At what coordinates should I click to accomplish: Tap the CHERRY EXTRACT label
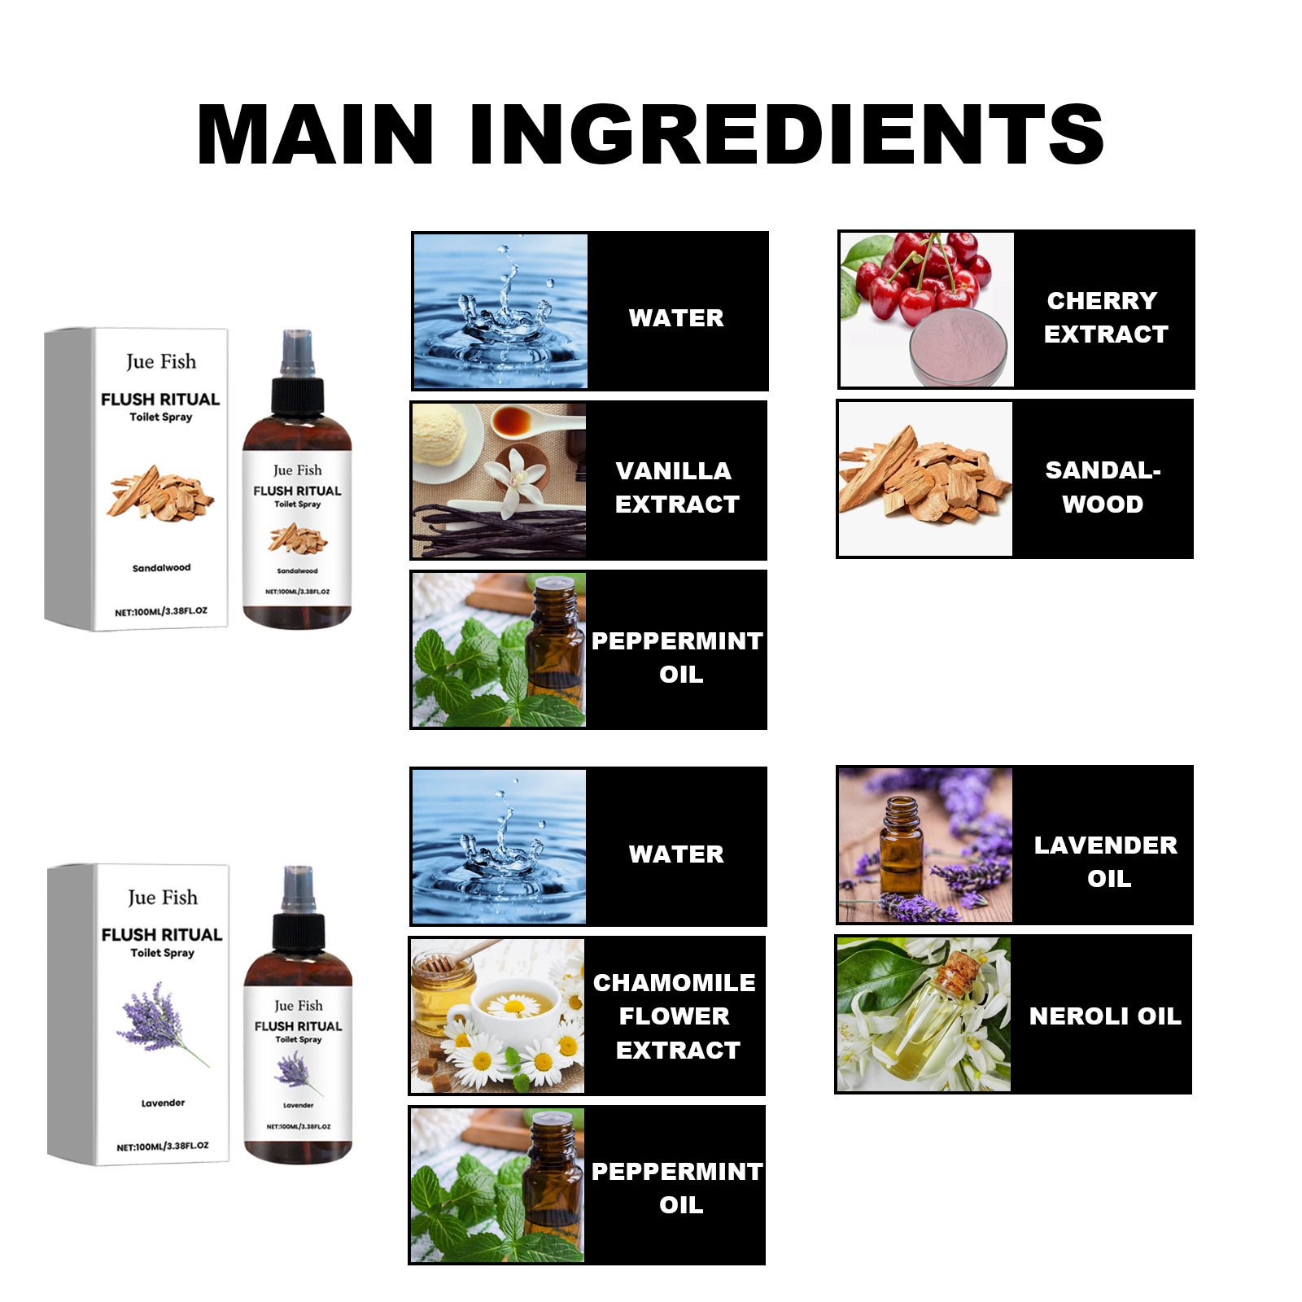tap(1105, 317)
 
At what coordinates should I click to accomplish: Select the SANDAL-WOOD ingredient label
tap(1103, 487)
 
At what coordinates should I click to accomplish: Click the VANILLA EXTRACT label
tap(677, 487)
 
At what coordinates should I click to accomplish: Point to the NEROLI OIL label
tap(1105, 1016)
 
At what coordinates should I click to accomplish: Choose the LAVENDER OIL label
tap(1106, 862)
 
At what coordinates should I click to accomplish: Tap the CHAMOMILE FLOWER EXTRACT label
tap(675, 1016)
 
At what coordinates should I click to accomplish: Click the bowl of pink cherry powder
tap(958, 345)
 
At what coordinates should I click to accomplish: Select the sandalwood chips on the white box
tap(159, 493)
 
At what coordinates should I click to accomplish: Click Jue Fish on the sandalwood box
tap(161, 361)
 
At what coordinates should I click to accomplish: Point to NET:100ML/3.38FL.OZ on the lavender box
tap(163, 1147)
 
